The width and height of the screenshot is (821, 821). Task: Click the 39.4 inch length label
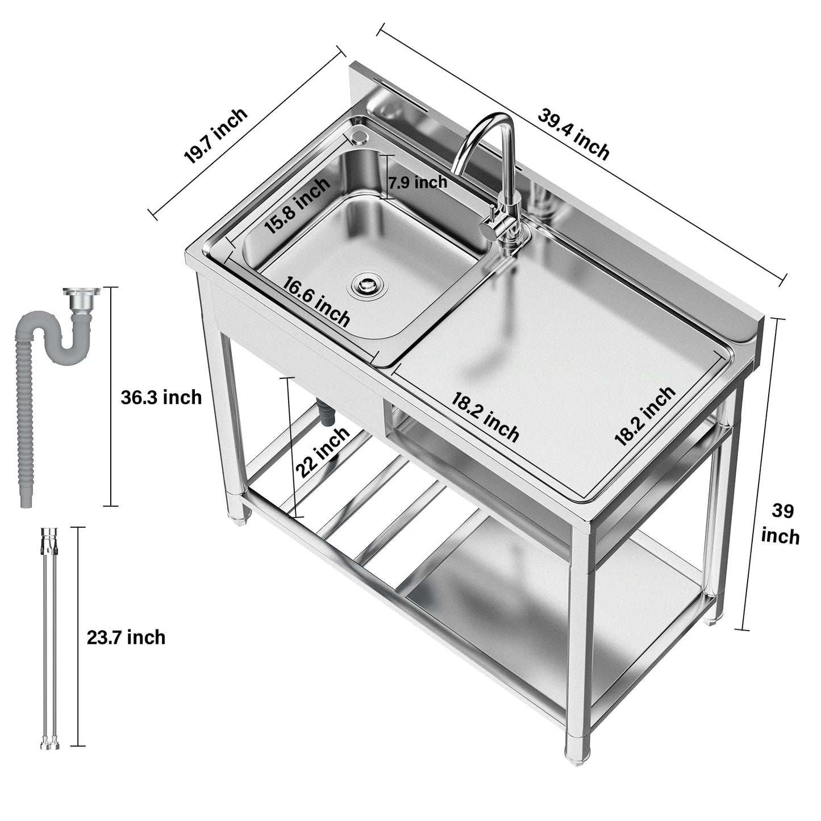(573, 134)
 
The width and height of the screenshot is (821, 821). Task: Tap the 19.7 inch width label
(216, 136)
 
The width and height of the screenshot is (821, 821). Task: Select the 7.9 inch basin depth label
(418, 182)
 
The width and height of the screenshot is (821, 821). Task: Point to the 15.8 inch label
(297, 206)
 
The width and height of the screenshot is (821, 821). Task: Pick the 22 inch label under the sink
(322, 452)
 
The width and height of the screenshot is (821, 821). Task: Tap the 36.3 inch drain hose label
(161, 397)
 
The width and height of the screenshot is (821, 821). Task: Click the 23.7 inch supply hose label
(126, 637)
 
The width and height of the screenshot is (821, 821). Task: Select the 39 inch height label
(781, 523)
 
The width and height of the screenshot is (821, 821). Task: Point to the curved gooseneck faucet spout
(483, 136)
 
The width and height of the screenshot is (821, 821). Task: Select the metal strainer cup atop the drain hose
(81, 299)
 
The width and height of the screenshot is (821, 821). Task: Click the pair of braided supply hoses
(49, 636)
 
